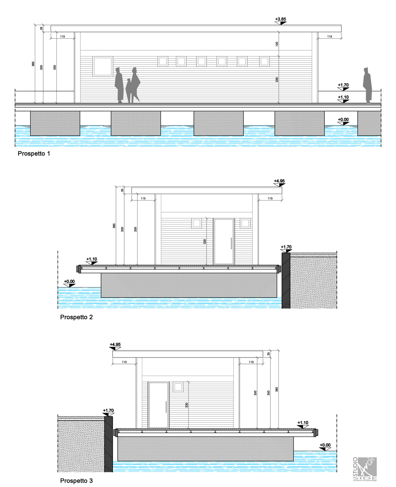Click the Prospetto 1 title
(34, 153)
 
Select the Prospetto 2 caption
(76, 317)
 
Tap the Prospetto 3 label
(76, 481)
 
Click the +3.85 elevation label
(281, 19)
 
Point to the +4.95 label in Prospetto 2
(279, 181)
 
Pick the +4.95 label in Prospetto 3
(115, 344)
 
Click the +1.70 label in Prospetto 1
(343, 85)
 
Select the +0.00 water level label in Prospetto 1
(343, 120)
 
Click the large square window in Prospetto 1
(102, 66)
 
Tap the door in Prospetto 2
(224, 242)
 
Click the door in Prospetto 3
(159, 405)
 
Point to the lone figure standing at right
(367, 85)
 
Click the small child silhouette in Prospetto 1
(128, 91)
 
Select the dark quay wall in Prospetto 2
(286, 280)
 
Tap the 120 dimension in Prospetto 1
(277, 44)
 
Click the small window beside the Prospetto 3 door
(178, 387)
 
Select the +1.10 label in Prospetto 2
(92, 259)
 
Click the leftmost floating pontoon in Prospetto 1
(55, 123)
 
